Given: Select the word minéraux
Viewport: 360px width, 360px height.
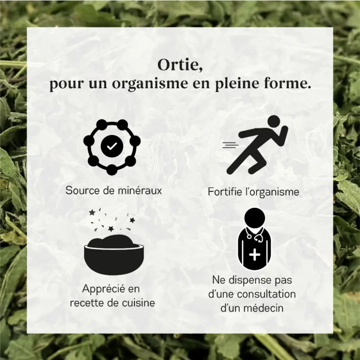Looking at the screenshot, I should click(140, 190).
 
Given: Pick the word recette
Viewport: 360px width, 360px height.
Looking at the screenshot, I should click(86, 303).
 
